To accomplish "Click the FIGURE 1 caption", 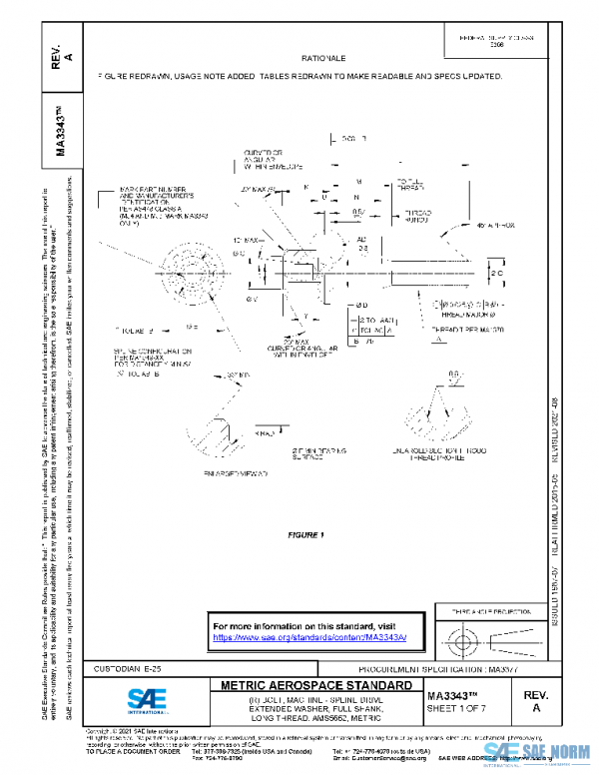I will pos(307,535).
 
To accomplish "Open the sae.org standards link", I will pos(310,637).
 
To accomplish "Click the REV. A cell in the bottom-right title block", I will pos(537,699).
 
